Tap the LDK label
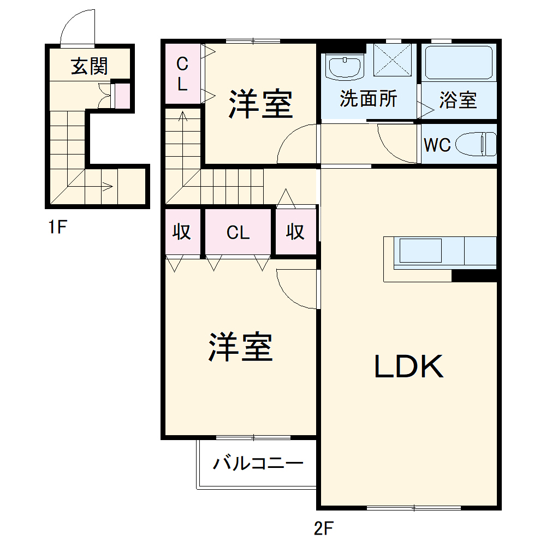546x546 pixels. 408,367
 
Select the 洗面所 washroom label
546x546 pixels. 368,99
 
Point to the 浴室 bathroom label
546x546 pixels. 458,100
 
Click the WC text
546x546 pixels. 437,145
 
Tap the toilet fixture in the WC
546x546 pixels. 476,145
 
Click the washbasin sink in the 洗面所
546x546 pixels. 344,67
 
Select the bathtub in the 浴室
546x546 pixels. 458,63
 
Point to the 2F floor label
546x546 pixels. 323,528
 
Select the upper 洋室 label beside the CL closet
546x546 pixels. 260,103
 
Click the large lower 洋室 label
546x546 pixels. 240,347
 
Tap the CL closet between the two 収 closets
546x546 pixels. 238,233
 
